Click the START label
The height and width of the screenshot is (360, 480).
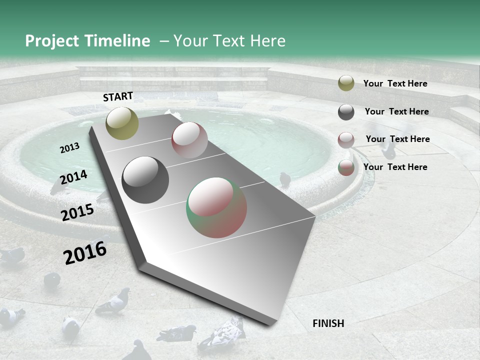click(x=118, y=96)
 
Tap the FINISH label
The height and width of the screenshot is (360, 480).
click(x=328, y=323)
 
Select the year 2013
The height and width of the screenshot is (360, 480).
click(x=69, y=148)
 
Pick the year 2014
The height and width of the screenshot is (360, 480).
click(x=73, y=177)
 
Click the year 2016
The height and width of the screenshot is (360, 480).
click(x=85, y=253)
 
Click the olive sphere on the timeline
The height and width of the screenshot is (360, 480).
click(x=122, y=123)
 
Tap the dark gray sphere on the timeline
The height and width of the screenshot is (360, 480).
click(x=145, y=180)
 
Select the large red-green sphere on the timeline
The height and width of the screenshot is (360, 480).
click(x=216, y=207)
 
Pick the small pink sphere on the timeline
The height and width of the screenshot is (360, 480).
click(x=189, y=140)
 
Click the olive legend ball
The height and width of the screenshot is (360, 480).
click(x=346, y=83)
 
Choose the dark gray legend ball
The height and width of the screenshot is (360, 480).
click(x=346, y=112)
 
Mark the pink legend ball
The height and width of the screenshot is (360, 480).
click(x=346, y=140)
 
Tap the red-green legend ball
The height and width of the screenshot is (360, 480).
click(x=346, y=168)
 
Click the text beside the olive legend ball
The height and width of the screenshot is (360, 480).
click(x=395, y=83)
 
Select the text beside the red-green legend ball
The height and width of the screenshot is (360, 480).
click(x=395, y=167)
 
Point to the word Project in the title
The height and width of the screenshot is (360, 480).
click(x=51, y=41)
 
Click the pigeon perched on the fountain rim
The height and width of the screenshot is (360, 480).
click(x=285, y=178)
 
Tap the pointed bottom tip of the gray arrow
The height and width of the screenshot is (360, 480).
click(x=270, y=324)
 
